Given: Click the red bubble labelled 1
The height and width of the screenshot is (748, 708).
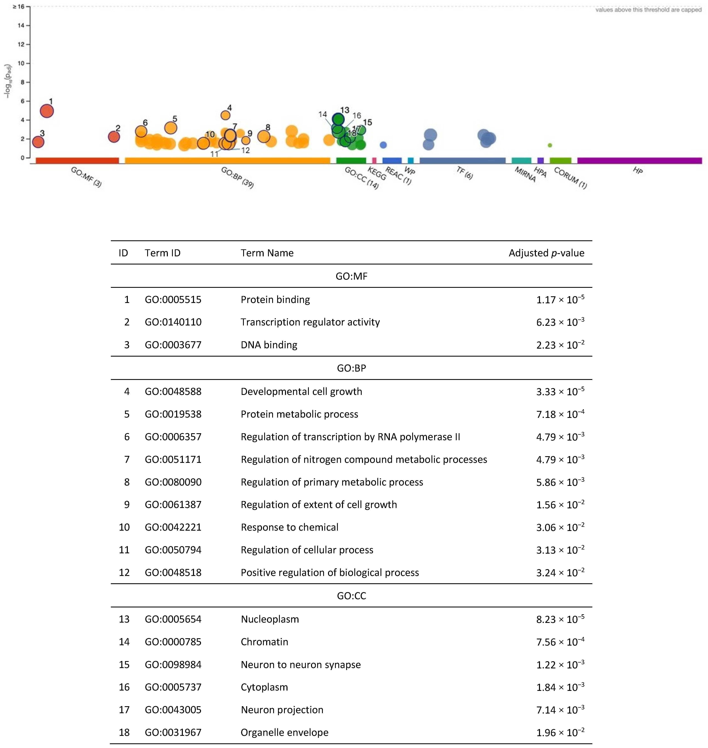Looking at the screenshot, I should click(x=47, y=111).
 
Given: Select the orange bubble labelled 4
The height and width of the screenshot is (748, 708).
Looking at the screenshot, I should click(x=225, y=115).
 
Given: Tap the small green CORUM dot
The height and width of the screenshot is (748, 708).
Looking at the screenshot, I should click(x=550, y=145).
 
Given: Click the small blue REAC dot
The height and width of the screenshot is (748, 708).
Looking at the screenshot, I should click(x=383, y=145).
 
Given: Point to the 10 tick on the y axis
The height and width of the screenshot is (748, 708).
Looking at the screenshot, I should click(x=21, y=63).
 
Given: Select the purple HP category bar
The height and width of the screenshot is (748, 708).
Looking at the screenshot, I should click(x=639, y=161).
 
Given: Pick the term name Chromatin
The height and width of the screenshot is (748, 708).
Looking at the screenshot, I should click(x=264, y=642).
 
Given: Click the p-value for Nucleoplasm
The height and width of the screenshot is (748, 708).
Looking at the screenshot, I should click(x=560, y=619).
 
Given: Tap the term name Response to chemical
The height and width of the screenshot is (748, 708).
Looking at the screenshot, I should click(x=289, y=527).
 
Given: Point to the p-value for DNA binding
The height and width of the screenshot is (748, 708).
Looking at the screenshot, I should click(x=560, y=345).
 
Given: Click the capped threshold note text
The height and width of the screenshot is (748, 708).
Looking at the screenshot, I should click(x=648, y=10).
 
